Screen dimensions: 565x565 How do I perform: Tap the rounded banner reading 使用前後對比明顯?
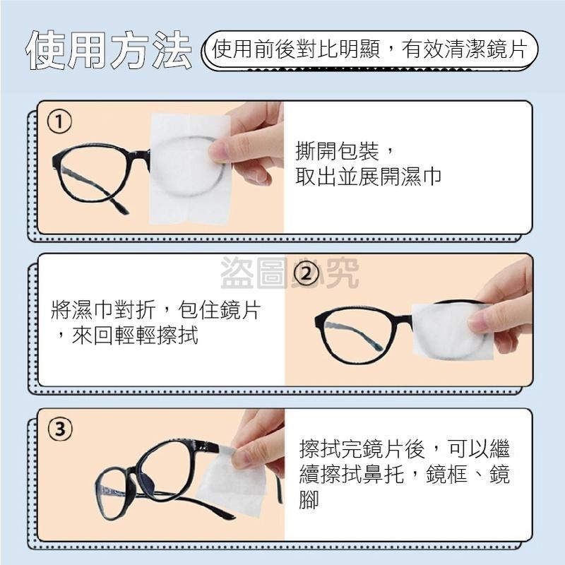(370, 51)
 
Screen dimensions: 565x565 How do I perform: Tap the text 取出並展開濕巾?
(368, 177)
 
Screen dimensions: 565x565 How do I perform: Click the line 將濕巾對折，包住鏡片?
(160, 309)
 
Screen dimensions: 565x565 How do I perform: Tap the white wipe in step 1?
(187, 169)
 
